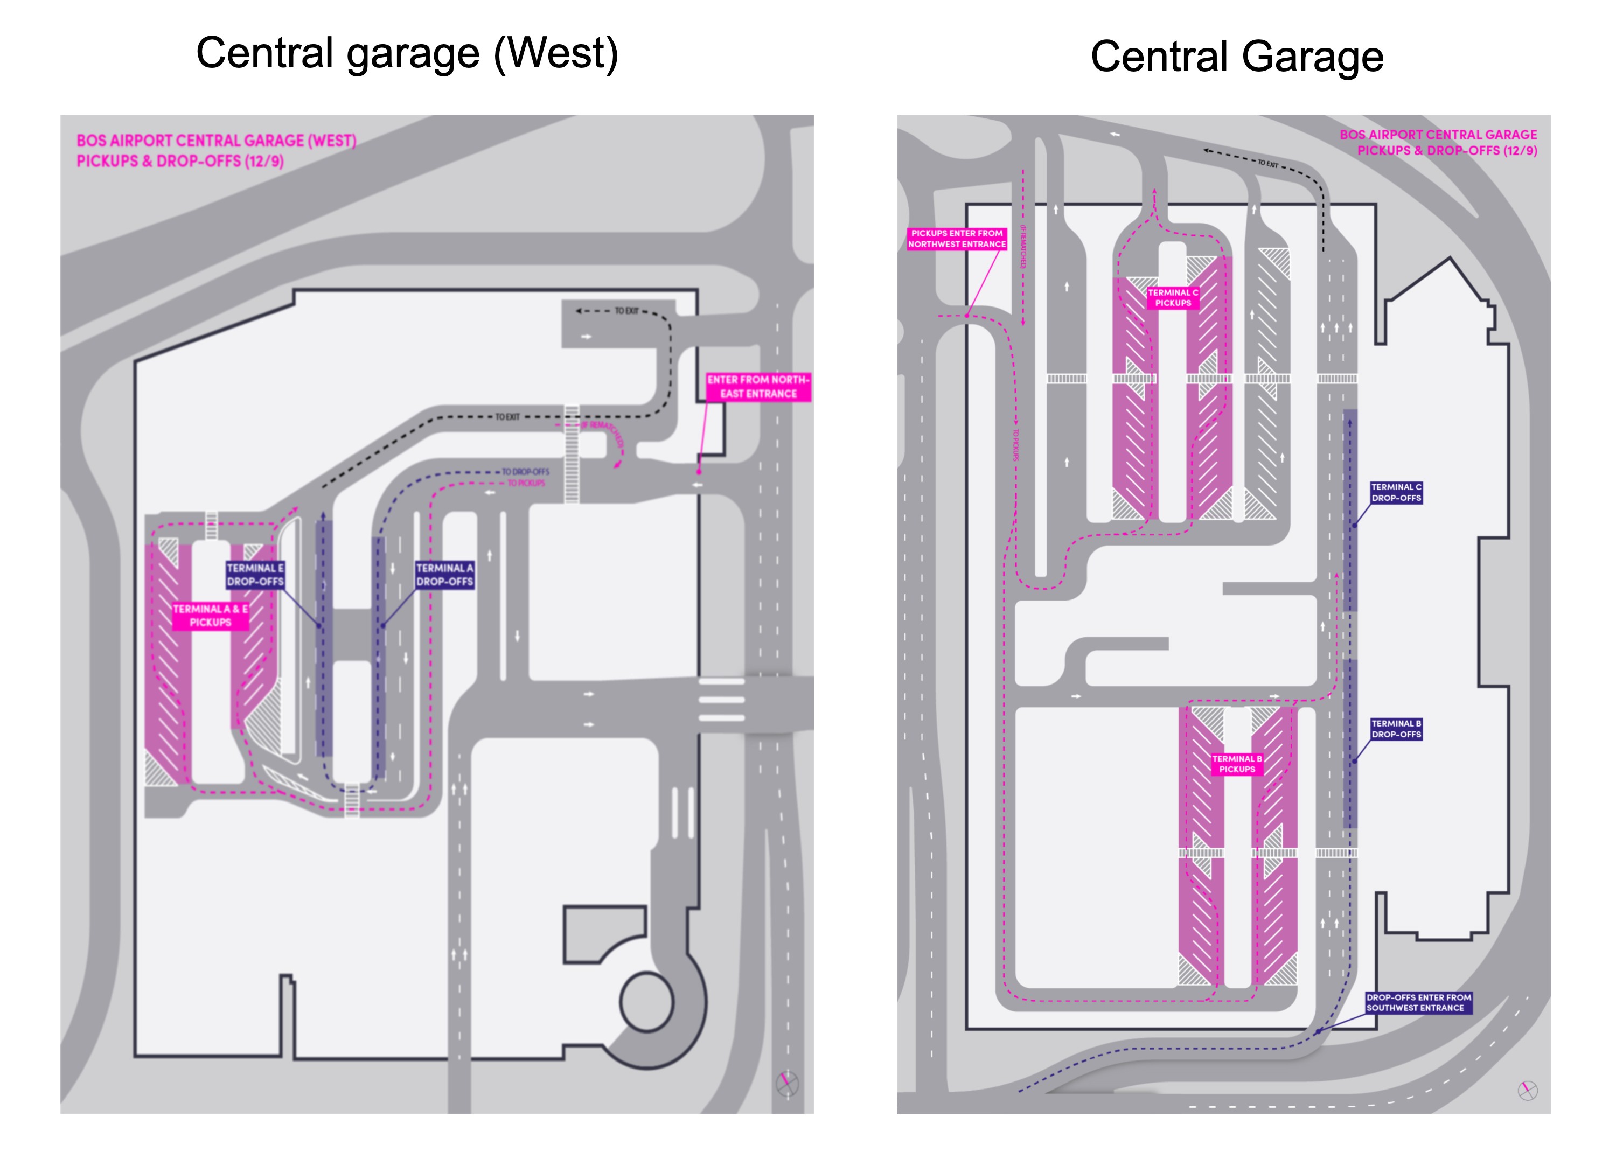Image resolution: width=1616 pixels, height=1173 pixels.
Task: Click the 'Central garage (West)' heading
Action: coord(407,54)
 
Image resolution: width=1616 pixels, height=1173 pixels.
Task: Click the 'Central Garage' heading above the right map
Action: coord(1236,57)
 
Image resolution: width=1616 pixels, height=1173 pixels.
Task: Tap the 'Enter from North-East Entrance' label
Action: coord(758,387)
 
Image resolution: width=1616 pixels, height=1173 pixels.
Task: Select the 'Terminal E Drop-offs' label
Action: coord(255,575)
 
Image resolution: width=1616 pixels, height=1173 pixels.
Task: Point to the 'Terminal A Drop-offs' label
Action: coord(444,575)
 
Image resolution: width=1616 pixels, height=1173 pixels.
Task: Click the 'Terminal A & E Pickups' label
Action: coord(210,616)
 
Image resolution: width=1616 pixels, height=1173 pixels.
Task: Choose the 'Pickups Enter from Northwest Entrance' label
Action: coord(956,239)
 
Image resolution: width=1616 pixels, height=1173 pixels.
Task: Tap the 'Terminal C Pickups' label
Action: coord(1173,298)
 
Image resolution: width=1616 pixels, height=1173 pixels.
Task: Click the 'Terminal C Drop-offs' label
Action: coord(1396,493)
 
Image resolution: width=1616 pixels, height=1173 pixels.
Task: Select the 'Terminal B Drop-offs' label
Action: coord(1396,729)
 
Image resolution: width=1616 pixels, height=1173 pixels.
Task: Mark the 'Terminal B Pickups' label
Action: coord(1236,764)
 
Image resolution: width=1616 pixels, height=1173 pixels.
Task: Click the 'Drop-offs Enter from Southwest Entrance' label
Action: coord(1418,1003)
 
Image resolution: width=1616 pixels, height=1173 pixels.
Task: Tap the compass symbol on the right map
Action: coord(1527,1091)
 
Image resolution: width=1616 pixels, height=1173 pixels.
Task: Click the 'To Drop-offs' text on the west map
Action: coord(526,471)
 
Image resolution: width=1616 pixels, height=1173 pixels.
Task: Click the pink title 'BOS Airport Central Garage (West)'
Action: coord(216,141)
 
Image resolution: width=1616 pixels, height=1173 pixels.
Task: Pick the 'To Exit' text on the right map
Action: coord(1267,164)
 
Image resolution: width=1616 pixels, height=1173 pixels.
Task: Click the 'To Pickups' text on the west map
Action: coord(526,483)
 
